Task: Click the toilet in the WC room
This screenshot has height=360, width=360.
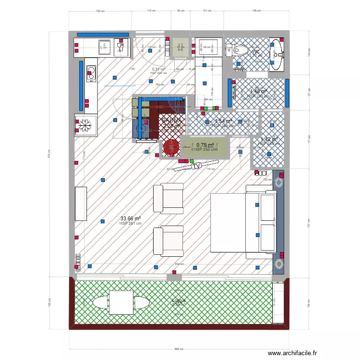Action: tap(240, 49)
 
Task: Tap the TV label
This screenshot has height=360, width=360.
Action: tap(195, 167)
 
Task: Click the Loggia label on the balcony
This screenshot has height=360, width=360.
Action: tap(179, 301)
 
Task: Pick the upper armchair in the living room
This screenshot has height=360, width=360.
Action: tap(168, 198)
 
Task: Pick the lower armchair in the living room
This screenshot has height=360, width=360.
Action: tap(168, 241)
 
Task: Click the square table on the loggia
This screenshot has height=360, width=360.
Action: tap(121, 302)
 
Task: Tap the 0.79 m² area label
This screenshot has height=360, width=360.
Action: tap(205, 145)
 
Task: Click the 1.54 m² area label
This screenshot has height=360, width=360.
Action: tap(223, 121)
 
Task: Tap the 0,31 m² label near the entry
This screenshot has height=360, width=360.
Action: tap(158, 69)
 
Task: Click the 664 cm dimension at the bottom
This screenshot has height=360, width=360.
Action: tap(179, 349)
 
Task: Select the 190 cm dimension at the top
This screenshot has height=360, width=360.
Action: tap(99, 10)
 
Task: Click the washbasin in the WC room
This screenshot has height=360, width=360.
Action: tap(276, 54)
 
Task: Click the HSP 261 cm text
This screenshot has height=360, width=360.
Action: tap(131, 223)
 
